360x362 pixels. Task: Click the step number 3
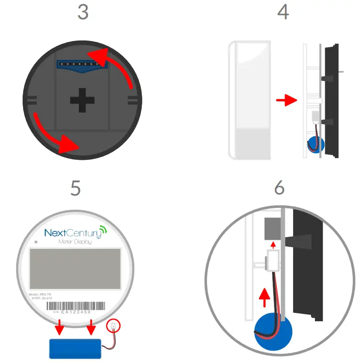coord(83,12)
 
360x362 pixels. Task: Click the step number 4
coord(283,12)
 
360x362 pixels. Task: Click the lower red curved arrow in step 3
coord(52,137)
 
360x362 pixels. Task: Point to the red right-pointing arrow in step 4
coord(286,100)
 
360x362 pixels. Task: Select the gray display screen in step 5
coord(75,269)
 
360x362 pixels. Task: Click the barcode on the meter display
coord(75,305)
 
